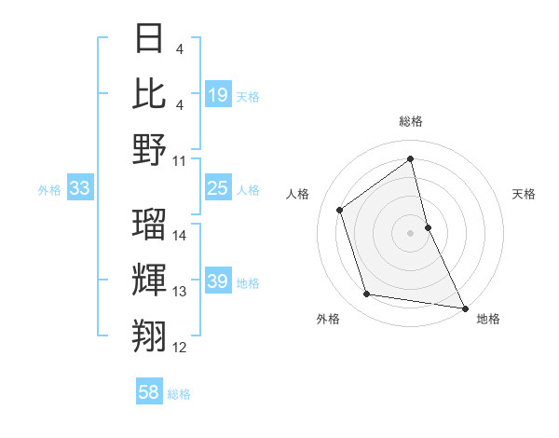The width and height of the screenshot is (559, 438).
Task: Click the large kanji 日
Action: (x=150, y=39)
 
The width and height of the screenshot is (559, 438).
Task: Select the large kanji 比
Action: (x=150, y=94)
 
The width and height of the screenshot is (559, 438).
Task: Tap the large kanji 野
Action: (x=150, y=149)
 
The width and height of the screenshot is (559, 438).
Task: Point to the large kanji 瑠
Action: (x=150, y=224)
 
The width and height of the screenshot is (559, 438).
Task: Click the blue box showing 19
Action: (x=217, y=94)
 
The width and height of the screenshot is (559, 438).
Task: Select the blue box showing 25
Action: (x=217, y=189)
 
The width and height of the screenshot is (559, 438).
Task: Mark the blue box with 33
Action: (x=80, y=189)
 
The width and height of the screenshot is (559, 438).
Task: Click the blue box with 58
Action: (x=149, y=392)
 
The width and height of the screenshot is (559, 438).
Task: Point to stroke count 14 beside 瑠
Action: (x=180, y=236)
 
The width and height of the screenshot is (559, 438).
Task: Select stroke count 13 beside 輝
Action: (x=180, y=292)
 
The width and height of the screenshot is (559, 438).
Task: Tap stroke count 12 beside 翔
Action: (x=180, y=348)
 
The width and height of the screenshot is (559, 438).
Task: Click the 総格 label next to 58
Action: (x=179, y=394)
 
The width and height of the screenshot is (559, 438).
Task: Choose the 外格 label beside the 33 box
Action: (x=49, y=190)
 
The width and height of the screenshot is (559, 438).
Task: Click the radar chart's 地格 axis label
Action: (x=488, y=319)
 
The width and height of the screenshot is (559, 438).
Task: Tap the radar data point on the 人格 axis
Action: (x=340, y=210)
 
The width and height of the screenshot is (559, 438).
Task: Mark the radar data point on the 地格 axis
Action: (x=464, y=307)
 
